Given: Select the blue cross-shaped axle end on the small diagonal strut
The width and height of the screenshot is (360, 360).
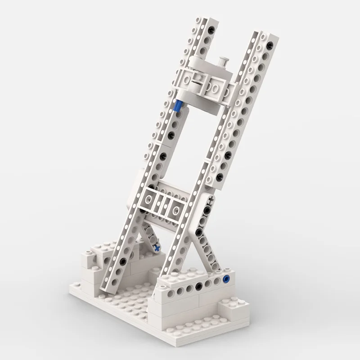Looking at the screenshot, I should tap(156, 247).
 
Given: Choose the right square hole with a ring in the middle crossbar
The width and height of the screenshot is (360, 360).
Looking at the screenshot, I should tap(175, 207).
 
